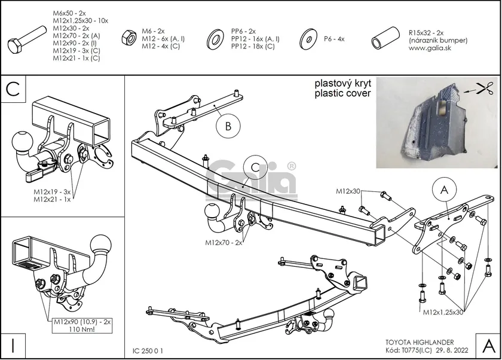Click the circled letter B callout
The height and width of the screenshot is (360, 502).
(228, 126)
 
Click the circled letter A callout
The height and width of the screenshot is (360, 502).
(444, 190)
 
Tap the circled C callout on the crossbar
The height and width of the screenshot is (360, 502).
(255, 167)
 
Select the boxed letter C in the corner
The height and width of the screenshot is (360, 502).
(13, 89)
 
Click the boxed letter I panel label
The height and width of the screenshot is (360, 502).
(13, 346)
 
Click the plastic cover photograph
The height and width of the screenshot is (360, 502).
(438, 123)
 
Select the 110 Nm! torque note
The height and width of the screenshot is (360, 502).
(81, 329)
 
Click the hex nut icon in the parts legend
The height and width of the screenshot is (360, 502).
(129, 38)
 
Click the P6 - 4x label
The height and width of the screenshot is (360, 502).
(334, 39)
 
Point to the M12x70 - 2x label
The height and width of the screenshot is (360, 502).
(223, 243)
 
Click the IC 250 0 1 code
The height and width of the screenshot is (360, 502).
(148, 351)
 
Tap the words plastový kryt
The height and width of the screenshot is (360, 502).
(343, 83)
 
